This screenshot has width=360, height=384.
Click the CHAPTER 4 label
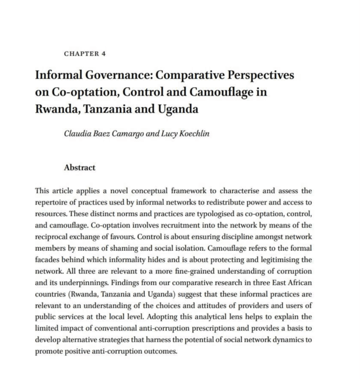[84, 53]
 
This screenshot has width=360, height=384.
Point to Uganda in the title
[174, 110]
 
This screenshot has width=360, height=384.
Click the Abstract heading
[79, 167]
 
